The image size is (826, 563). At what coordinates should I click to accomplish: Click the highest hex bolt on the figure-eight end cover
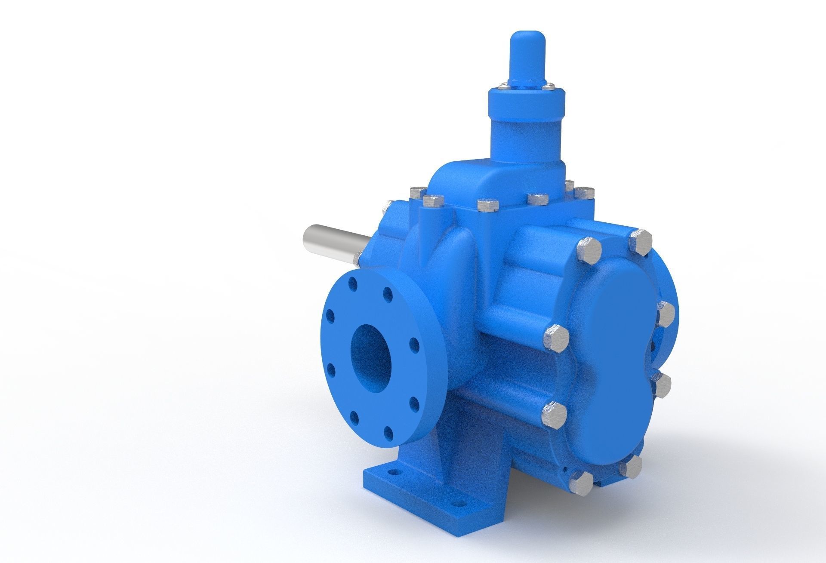(640, 242)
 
